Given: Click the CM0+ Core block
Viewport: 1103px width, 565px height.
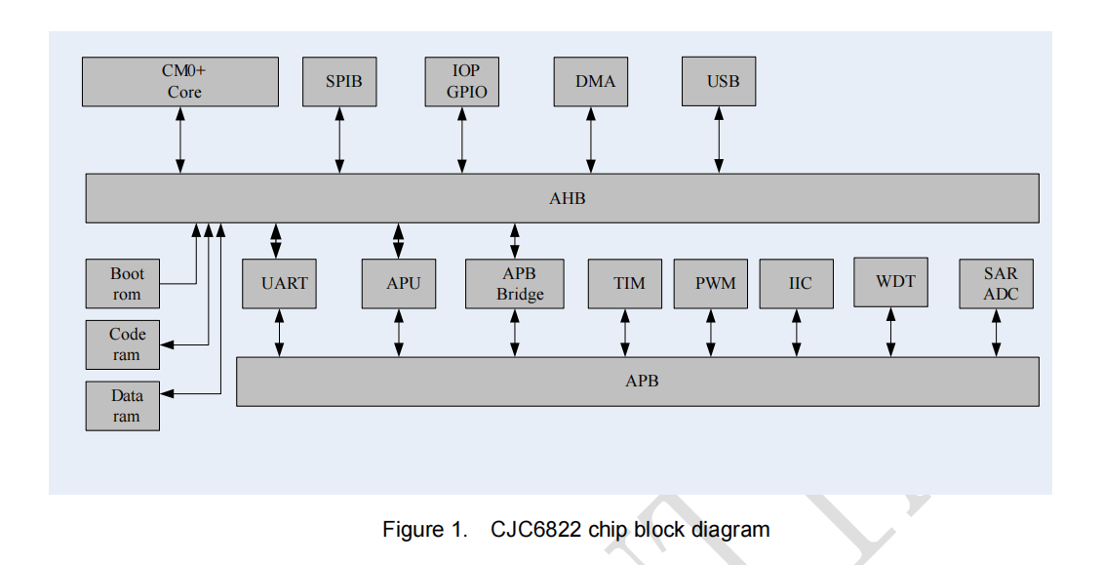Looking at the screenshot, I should pyautogui.click(x=180, y=82).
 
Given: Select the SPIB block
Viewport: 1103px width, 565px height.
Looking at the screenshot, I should pyautogui.click(x=339, y=82).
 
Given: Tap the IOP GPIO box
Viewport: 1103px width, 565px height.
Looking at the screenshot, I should pyautogui.click(x=462, y=82).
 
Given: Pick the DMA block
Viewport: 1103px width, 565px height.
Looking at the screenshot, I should pyautogui.click(x=591, y=82).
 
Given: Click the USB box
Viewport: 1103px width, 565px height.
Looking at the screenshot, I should pyautogui.click(x=719, y=82).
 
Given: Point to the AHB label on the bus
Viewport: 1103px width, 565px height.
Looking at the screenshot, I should pyautogui.click(x=563, y=199).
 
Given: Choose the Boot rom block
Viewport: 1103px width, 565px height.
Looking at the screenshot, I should pyautogui.click(x=123, y=284).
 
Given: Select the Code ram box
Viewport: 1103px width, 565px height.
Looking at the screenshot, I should pyautogui.click(x=123, y=344).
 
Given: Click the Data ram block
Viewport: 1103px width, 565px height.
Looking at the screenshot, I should pyautogui.click(x=123, y=406).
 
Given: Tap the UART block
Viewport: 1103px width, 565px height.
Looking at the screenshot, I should pyautogui.click(x=280, y=284).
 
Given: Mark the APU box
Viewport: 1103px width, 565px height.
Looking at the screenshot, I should pyautogui.click(x=399, y=284).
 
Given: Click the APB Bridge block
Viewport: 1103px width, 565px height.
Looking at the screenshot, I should pyautogui.click(x=515, y=284).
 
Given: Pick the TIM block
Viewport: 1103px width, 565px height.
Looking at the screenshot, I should pyautogui.click(x=625, y=284).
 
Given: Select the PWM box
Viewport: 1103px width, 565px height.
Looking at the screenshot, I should pyautogui.click(x=711, y=284).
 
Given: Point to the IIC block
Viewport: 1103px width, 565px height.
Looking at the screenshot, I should pyautogui.click(x=797, y=284).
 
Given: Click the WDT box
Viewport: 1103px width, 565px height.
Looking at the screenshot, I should pyautogui.click(x=890, y=282).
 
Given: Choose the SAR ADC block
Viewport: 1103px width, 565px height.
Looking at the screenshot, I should pyautogui.click(x=997, y=284).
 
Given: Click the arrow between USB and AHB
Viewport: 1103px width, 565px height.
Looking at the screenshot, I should pyautogui.click(x=719, y=140).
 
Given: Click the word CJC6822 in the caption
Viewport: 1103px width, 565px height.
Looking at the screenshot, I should pyautogui.click(x=534, y=530).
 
